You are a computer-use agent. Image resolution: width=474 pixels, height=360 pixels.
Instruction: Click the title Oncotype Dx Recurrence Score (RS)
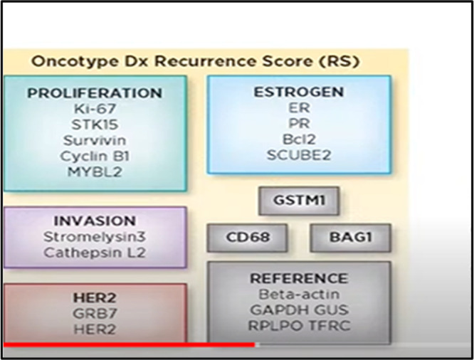(x=194, y=61)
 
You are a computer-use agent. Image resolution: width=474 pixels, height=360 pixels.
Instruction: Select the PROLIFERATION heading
(x=95, y=93)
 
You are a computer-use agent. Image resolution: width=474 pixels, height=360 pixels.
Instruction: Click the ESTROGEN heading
(x=298, y=92)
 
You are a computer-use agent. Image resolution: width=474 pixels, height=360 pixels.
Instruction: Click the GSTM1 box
(x=298, y=201)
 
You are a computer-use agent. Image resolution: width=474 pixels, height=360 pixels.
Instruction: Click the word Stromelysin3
(x=95, y=237)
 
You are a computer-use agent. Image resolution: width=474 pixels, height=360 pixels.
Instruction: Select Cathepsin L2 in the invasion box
(x=95, y=252)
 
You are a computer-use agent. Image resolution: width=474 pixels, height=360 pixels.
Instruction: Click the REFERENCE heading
(x=298, y=278)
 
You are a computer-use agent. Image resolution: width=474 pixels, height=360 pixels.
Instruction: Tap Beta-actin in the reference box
(x=298, y=294)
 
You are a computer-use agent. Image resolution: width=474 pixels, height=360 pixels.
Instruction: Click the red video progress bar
(x=128, y=345)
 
